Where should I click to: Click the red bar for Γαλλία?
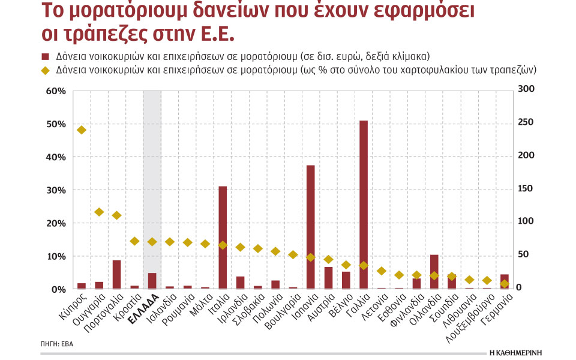point(363,205)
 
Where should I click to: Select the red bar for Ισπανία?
point(311,227)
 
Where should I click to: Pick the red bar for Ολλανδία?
point(434,272)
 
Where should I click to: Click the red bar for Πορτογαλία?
point(117,274)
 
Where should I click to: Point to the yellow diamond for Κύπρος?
point(82,130)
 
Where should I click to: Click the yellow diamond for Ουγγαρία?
point(100,212)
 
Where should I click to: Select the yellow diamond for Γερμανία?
point(504,284)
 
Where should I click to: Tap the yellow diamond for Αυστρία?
point(328,259)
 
